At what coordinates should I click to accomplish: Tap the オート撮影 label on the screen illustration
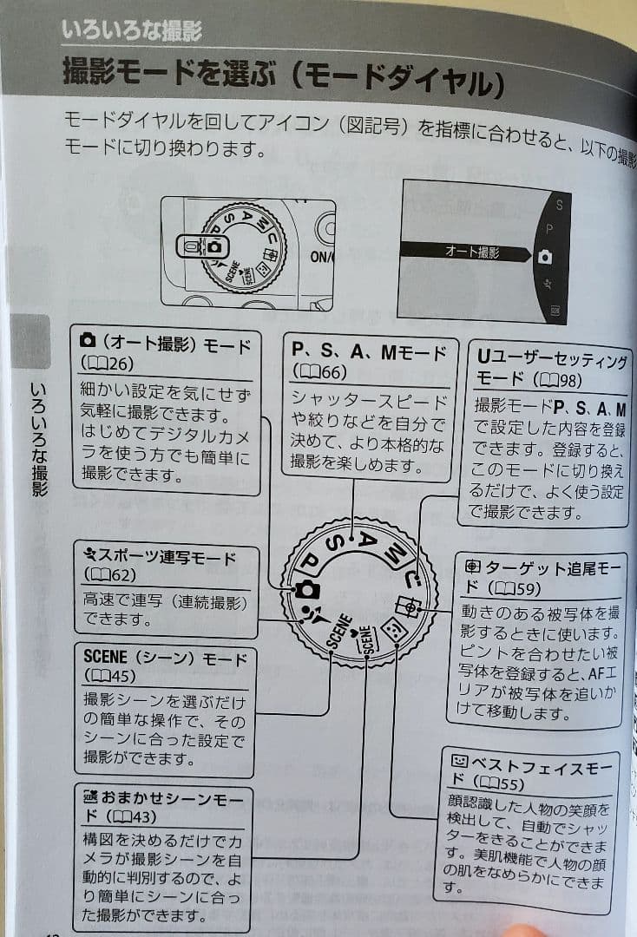[471, 252]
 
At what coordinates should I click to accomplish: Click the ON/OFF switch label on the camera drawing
[322, 257]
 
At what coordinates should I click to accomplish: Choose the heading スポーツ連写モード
[160, 557]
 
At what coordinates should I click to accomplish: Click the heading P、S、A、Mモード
[368, 351]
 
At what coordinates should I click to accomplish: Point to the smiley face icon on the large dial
[391, 632]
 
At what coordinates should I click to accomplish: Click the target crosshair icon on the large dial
[407, 605]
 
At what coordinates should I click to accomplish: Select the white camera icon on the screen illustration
[544, 257]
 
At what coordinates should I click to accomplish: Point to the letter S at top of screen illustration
[559, 206]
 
